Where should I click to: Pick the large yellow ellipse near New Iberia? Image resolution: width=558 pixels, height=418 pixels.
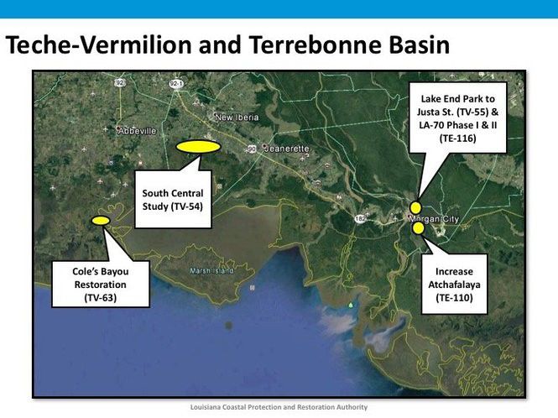198,146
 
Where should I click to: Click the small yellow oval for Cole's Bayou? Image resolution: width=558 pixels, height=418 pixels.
100,220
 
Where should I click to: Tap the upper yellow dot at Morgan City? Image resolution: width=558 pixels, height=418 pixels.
415,207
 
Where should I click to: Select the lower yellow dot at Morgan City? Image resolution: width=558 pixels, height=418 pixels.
418,226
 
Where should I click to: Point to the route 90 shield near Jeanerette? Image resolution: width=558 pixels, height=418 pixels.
252,149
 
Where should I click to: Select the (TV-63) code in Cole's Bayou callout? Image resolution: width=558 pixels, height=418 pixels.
100,298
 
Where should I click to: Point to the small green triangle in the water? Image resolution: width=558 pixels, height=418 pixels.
351,305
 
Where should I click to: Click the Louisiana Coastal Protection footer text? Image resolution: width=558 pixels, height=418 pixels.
279,407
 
